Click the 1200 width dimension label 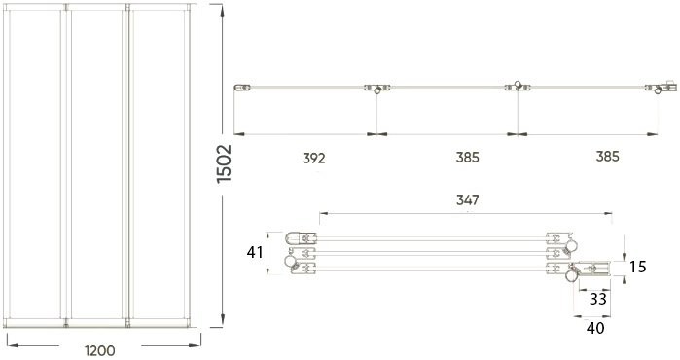coord(100,350)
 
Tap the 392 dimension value coord(313,157)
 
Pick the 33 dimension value coord(599,300)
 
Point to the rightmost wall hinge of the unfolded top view coord(663,90)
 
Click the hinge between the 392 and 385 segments coord(376,90)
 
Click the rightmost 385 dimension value coord(607,157)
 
